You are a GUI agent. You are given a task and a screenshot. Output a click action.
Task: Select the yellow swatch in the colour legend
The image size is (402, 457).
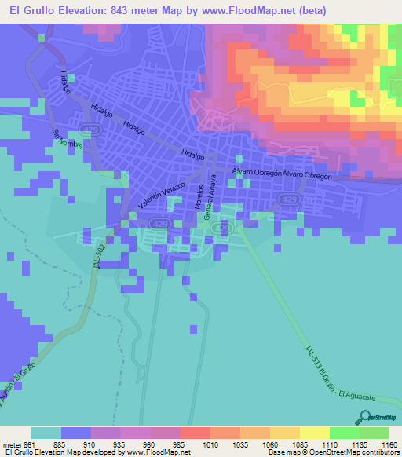[314, 433]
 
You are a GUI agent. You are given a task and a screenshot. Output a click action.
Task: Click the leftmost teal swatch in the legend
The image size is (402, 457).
[46, 433]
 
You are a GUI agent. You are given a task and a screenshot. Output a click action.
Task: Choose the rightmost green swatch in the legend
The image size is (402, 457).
[374, 433]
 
